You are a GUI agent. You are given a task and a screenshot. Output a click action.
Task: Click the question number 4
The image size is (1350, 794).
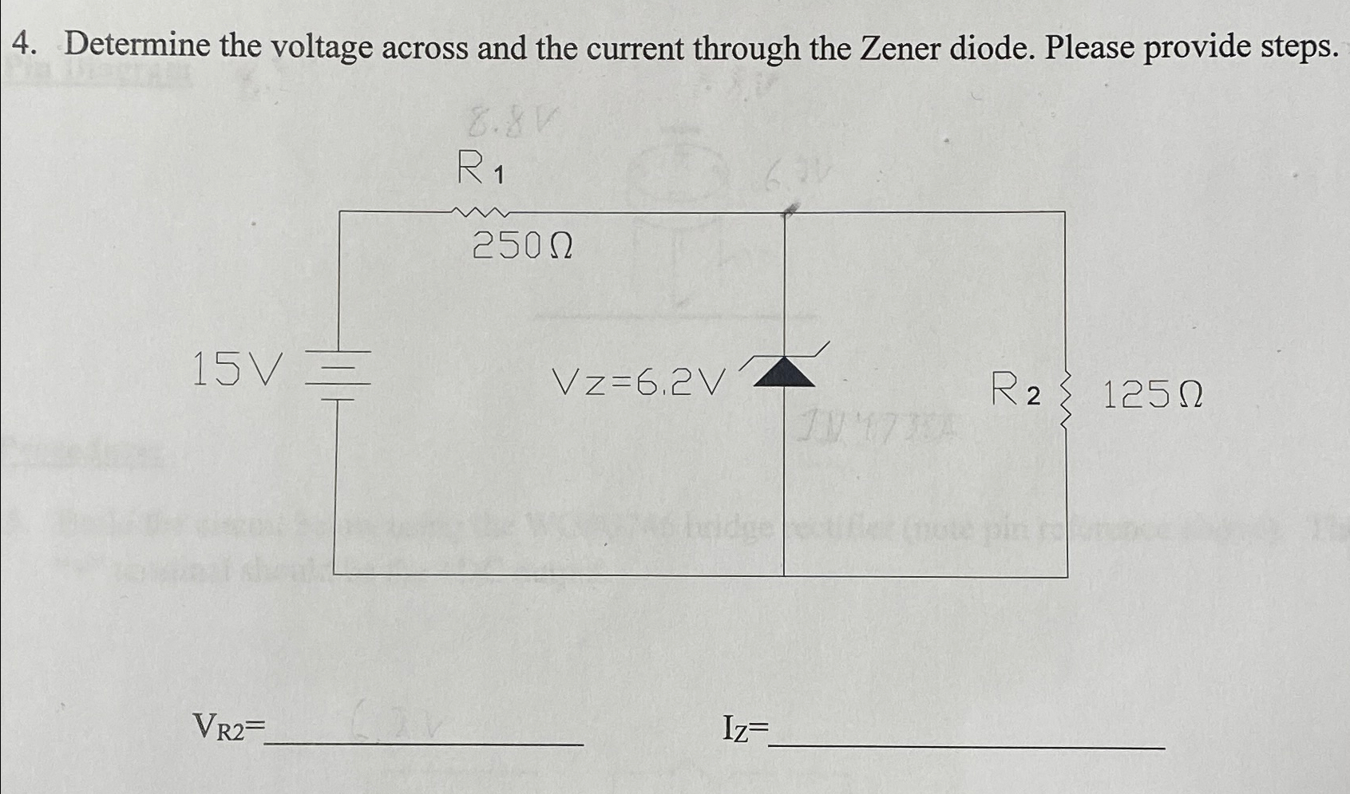pos(23,45)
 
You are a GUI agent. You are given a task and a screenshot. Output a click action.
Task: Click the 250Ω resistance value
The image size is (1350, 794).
pos(523,246)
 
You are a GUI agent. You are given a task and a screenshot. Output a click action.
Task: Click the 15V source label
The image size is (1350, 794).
pos(237,369)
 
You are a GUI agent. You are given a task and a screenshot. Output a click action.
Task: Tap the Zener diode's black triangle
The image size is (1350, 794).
pos(784,373)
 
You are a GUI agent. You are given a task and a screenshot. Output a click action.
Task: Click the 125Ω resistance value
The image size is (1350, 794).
pos(1152,394)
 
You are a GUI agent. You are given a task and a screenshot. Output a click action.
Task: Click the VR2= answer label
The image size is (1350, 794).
pos(228,727)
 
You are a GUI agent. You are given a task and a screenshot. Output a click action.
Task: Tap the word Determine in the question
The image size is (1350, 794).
pos(137,45)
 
